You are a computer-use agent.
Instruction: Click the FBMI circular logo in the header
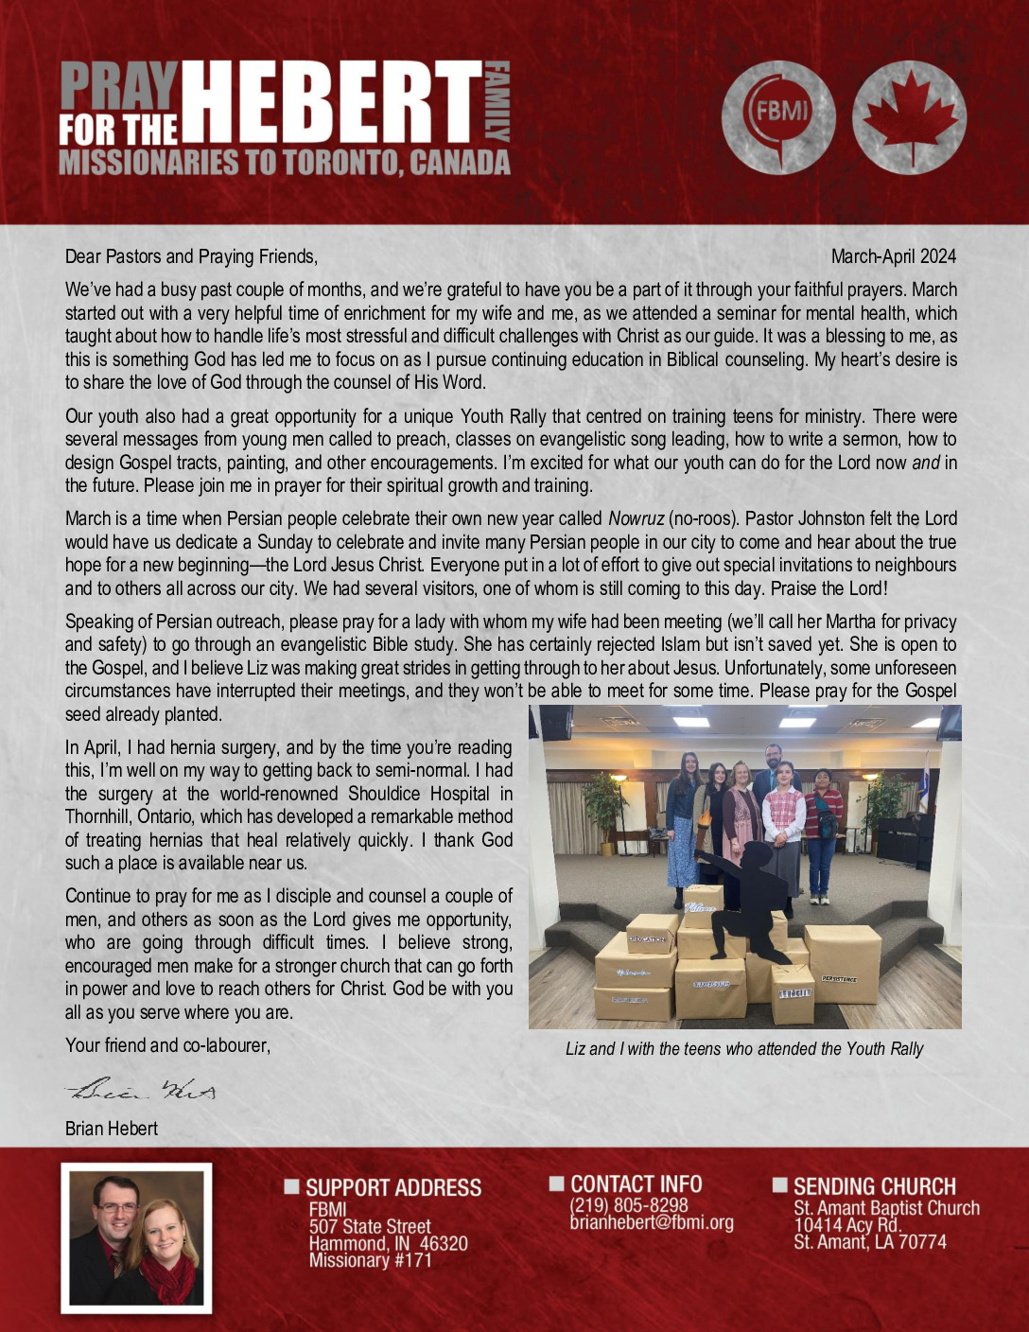778,117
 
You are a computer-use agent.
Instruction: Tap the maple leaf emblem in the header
909,117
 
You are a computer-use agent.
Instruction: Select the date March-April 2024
893,256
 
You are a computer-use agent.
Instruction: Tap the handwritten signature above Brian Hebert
141,1091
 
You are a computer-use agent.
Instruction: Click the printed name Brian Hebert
112,1129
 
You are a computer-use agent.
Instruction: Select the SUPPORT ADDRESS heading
392,1187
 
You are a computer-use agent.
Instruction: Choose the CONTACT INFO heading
636,1184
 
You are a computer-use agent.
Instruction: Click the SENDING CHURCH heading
874,1186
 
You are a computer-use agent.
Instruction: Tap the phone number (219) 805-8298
629,1205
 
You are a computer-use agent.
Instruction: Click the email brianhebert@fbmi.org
652,1222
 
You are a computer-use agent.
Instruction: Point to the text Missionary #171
370,1260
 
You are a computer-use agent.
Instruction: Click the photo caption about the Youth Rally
744,1048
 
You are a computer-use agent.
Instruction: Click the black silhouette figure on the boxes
747,889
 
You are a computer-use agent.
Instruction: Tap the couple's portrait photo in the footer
137,1237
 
